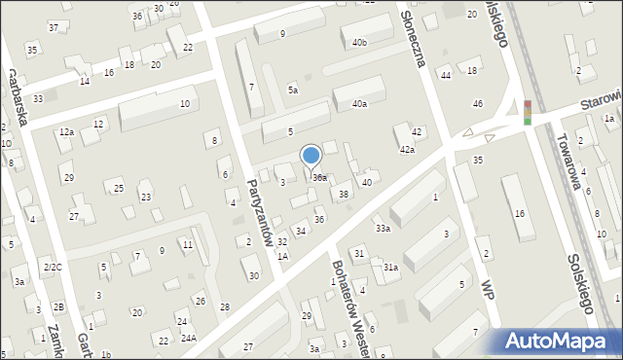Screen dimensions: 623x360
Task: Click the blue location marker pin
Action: tap(311, 157)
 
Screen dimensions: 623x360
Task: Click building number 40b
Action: tap(360, 42)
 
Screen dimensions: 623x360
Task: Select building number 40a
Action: tap(360, 103)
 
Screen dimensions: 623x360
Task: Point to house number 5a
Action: tap(292, 90)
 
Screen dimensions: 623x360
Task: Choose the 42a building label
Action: tap(407, 150)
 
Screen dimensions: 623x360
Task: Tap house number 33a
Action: tap(384, 229)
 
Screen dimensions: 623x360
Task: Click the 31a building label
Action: tap(390, 267)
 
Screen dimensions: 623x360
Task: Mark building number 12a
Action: tap(66, 131)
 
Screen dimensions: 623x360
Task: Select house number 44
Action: tap(445, 75)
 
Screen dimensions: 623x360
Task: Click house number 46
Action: tap(478, 103)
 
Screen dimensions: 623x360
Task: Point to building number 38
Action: tap(344, 195)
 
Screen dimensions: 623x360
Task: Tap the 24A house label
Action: tap(188, 338)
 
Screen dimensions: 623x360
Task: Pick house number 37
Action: tap(54, 27)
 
